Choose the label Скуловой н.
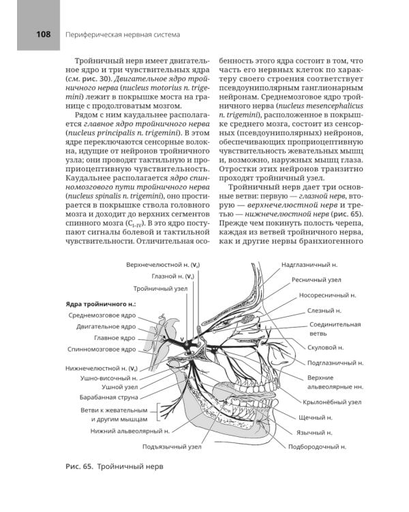tap(324, 348)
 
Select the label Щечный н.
tap(315, 416)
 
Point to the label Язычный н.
tap(316, 432)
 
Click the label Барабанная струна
tap(108, 397)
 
